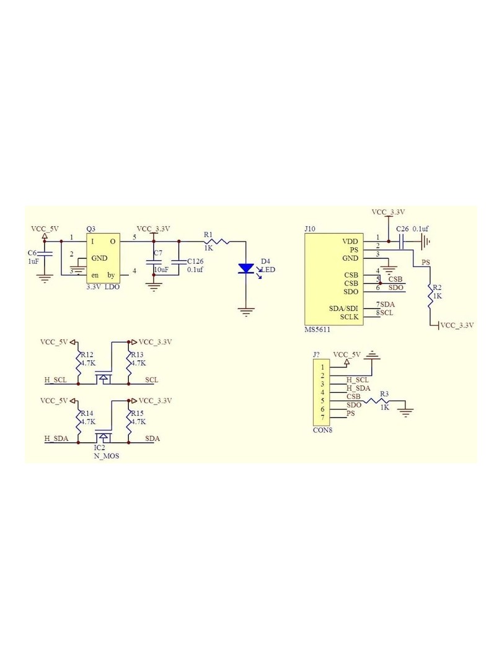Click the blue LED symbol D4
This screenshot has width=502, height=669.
(246, 269)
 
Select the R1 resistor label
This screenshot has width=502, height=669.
(208, 235)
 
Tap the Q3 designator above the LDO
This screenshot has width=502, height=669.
(91, 229)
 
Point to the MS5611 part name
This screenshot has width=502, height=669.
(317, 330)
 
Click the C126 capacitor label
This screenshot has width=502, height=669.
(195, 261)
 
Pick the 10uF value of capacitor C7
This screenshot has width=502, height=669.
(161, 269)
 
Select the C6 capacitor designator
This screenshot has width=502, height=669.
(32, 253)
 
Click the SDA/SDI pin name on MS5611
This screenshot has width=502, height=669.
(343, 308)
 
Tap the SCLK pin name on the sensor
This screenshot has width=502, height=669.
(349, 317)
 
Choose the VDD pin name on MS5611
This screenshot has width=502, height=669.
(350, 242)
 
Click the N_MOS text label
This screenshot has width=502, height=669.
(107, 456)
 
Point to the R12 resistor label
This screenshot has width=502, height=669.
(87, 354)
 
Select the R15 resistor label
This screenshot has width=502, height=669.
(138, 413)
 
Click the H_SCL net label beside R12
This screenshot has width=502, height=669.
(56, 380)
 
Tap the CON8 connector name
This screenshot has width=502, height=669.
(323, 430)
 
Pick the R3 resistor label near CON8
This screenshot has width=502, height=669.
(384, 394)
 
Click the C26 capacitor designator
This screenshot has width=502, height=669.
(402, 229)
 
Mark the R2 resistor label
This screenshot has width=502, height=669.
(437, 287)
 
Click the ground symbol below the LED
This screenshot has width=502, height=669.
(246, 312)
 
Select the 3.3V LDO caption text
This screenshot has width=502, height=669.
(103, 287)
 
